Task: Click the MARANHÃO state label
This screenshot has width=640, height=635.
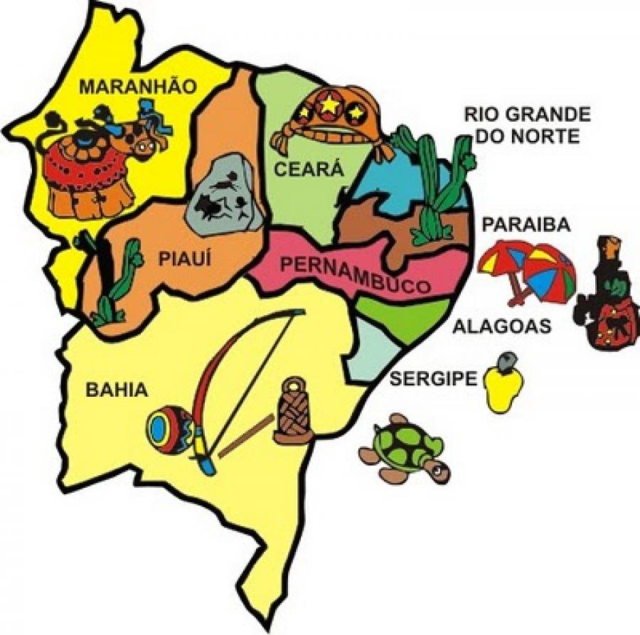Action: click(x=137, y=87)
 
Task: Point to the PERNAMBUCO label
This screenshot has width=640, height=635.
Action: click(x=356, y=275)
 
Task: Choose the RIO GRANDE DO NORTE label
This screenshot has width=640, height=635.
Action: click(x=527, y=124)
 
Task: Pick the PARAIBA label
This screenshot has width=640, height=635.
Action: click(x=526, y=225)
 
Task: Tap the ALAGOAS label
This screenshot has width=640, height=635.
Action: click(x=502, y=326)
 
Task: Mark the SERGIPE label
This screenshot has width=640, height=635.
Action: click(x=432, y=378)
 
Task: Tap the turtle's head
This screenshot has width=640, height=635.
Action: click(x=438, y=467)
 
